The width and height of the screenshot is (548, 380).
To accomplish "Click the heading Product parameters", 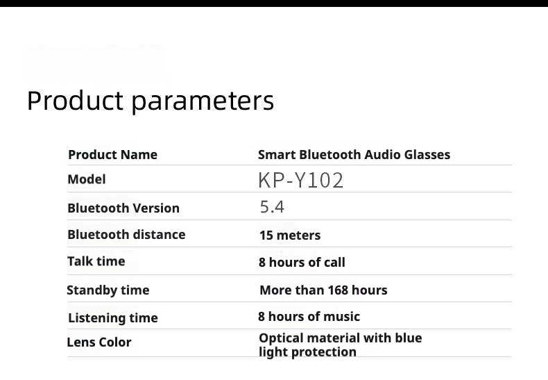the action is (151, 101).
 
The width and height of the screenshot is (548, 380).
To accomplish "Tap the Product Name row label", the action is (112, 155).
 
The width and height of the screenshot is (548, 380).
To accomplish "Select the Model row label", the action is (86, 179).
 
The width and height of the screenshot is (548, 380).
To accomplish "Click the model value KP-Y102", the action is (301, 181).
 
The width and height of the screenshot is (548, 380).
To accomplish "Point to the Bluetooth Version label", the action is (123, 208).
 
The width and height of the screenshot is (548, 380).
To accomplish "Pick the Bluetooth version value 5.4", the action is (272, 207).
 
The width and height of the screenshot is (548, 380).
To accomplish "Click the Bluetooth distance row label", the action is (126, 235).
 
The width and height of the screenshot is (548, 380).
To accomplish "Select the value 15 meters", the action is (290, 236).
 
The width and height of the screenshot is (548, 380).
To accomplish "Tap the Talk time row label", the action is (96, 261).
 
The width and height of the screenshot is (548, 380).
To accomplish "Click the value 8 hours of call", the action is (302, 263).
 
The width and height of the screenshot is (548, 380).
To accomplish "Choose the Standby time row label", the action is (108, 290).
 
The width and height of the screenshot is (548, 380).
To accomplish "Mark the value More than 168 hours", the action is (323, 290).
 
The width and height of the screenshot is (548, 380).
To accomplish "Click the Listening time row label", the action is (113, 318).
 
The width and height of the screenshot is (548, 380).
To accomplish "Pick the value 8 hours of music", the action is (309, 317).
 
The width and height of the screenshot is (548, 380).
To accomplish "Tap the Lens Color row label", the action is (99, 342).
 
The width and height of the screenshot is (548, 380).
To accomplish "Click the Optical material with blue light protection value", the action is (340, 345).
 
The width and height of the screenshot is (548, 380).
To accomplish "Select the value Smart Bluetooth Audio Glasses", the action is (354, 155).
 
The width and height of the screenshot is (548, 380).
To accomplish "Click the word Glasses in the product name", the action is (427, 155).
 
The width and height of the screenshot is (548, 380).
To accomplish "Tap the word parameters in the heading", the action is (203, 102).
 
